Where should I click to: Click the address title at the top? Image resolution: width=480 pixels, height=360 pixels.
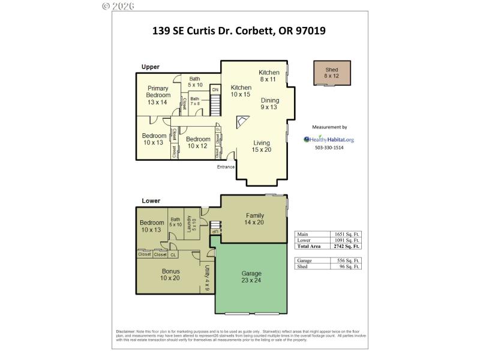239,30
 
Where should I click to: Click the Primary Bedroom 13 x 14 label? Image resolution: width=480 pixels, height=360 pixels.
158,95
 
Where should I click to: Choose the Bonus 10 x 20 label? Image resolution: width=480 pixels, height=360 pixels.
170,274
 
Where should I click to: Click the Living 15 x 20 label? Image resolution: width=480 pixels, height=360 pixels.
262,146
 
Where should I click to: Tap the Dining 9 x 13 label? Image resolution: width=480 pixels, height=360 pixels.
269,104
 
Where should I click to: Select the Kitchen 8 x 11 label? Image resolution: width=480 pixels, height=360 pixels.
269,76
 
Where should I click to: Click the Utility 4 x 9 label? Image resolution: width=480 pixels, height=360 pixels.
207,278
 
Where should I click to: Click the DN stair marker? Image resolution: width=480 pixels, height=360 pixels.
215,90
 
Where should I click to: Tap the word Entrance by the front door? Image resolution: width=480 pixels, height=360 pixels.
226,167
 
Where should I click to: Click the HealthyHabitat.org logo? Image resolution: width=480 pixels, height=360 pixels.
329,139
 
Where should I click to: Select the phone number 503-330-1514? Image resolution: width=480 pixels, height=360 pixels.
329,148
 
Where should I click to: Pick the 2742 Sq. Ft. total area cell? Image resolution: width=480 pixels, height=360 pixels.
348,246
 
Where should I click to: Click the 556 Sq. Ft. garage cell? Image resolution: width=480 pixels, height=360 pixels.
348,260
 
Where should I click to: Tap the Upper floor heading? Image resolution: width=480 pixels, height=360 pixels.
150,67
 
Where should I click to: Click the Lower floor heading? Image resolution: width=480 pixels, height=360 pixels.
151,200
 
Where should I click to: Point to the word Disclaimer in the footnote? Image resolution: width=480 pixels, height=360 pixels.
125,332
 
